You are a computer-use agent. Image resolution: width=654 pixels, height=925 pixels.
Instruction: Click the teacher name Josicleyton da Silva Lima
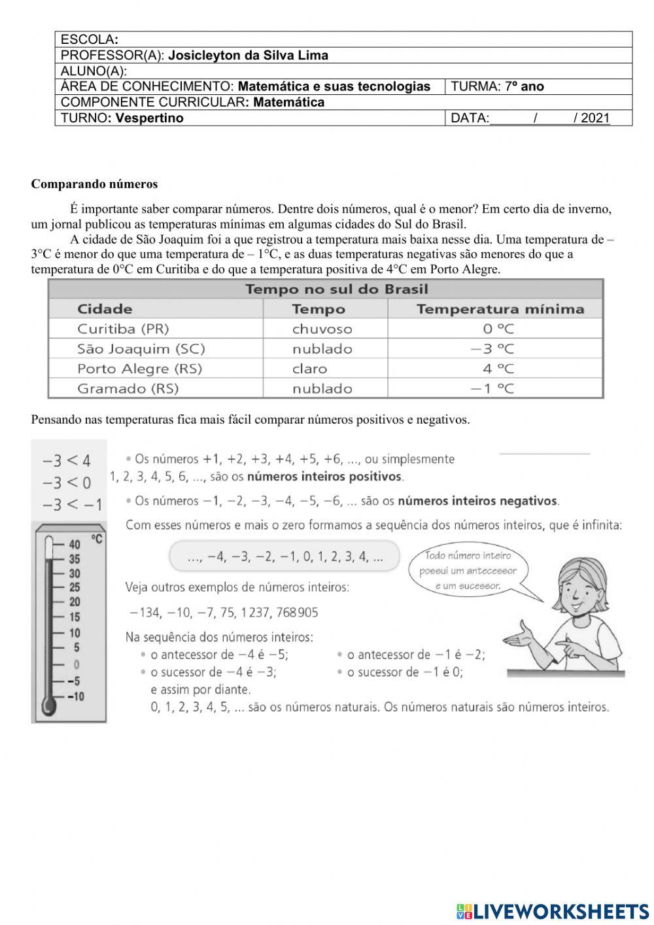(248, 56)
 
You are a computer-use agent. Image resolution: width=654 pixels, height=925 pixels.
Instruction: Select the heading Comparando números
(94, 184)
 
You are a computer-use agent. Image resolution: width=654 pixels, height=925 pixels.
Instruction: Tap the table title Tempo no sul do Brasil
(336, 289)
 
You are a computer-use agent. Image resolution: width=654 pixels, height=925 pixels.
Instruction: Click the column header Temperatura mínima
(500, 309)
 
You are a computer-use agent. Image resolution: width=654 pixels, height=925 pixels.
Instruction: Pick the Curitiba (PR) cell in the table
(123, 329)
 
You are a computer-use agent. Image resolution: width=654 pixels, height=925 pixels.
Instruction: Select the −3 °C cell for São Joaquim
(492, 349)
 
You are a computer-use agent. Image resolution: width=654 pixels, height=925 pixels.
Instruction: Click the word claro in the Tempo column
(309, 369)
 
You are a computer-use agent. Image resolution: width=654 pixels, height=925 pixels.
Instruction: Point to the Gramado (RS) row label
(128, 388)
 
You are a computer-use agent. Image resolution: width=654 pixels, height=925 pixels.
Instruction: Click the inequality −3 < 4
(67, 460)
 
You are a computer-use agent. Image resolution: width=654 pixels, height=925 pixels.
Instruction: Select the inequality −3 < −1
(72, 504)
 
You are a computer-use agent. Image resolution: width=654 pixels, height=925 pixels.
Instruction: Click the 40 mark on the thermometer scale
(75, 545)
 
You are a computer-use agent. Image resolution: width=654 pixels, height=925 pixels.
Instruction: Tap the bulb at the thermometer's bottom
(48, 706)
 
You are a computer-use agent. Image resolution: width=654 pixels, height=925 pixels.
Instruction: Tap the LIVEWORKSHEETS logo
(552, 911)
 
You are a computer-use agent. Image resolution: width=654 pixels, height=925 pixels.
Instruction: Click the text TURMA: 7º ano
(497, 86)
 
